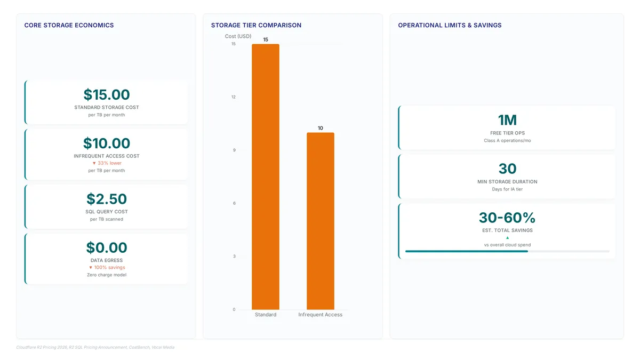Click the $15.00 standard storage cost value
click(107, 94)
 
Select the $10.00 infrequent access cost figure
click(107, 143)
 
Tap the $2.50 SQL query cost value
click(107, 199)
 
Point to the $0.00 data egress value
click(107, 247)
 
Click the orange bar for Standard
click(266, 177)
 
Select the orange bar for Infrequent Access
click(321, 221)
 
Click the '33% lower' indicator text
click(107, 163)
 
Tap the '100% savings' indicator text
click(107, 267)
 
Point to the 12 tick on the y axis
click(234, 97)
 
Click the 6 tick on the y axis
click(234, 203)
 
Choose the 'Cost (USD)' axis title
click(238, 36)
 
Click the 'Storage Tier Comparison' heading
click(257, 25)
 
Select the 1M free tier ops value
click(507, 120)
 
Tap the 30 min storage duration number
click(507, 169)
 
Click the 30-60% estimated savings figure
click(507, 218)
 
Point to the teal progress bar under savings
click(466, 251)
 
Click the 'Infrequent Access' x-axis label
click(321, 315)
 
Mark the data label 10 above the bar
click(321, 128)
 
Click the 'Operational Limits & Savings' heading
click(450, 25)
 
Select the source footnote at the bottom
click(95, 347)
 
